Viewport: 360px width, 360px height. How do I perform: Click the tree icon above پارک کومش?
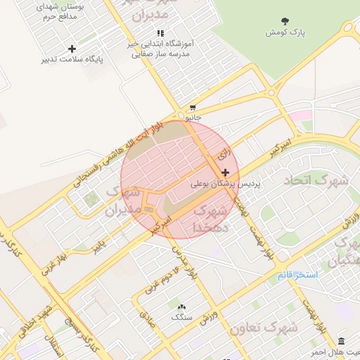pyautogui.click(x=284, y=22)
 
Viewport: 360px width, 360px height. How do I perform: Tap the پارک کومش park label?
pyautogui.click(x=284, y=33)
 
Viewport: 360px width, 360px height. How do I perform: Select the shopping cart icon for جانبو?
pyautogui.click(x=192, y=108)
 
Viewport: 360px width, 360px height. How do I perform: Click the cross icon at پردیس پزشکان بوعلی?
pyautogui.click(x=225, y=172)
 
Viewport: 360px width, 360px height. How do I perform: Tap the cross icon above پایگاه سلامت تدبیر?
pyautogui.click(x=72, y=49)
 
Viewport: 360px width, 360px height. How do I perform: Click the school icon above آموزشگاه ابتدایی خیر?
pyautogui.click(x=160, y=33)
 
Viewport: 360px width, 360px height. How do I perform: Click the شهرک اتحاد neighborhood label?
pyautogui.click(x=316, y=181)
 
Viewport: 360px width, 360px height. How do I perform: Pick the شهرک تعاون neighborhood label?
pyautogui.click(x=263, y=327)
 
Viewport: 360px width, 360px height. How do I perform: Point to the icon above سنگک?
pyautogui.click(x=181, y=307)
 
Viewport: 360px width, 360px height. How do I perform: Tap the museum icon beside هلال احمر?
pyautogui.click(x=341, y=341)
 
